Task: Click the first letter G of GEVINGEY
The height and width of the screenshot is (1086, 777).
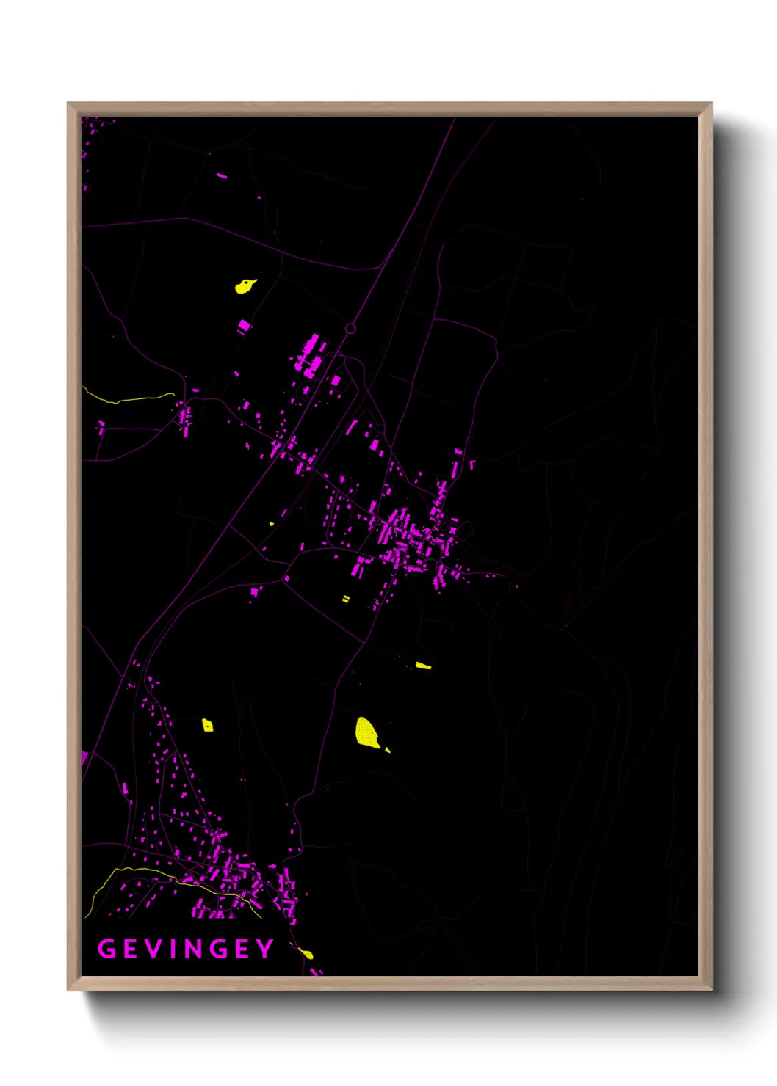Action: click(x=106, y=949)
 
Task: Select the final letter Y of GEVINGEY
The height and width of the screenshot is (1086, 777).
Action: click(x=264, y=949)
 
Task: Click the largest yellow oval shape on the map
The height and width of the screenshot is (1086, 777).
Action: click(x=366, y=733)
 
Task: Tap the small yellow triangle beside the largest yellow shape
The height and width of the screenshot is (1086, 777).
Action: click(x=387, y=750)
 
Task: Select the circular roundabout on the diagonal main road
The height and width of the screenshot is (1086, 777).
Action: click(x=350, y=329)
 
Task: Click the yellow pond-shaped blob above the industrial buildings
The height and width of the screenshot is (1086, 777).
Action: click(x=245, y=285)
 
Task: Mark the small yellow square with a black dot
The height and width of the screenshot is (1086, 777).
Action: click(x=207, y=726)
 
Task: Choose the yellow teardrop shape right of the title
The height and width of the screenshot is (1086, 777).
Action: click(x=307, y=954)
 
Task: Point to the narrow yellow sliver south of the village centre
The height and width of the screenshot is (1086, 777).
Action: click(x=423, y=666)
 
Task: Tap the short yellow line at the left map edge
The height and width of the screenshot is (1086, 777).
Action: click(x=129, y=400)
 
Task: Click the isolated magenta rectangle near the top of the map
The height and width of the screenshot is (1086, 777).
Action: click(x=222, y=176)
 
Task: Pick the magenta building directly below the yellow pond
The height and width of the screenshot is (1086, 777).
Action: click(x=244, y=325)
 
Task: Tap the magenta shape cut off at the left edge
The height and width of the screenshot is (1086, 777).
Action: click(x=84, y=757)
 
